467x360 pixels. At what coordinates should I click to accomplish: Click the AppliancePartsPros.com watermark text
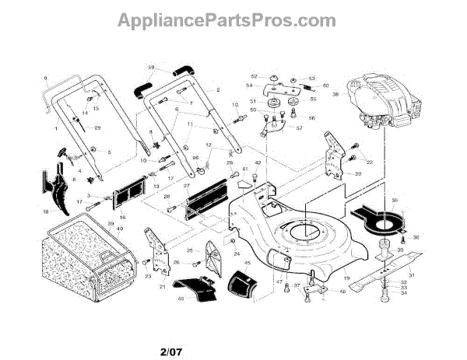(x=233, y=18)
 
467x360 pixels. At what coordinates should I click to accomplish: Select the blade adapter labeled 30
(x=387, y=250)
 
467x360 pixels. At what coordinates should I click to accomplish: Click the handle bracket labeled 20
(x=333, y=159)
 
